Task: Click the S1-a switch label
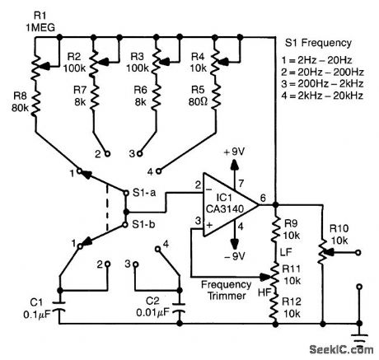(x=147, y=194)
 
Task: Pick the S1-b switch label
(x=147, y=223)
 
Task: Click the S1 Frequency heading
(x=317, y=42)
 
